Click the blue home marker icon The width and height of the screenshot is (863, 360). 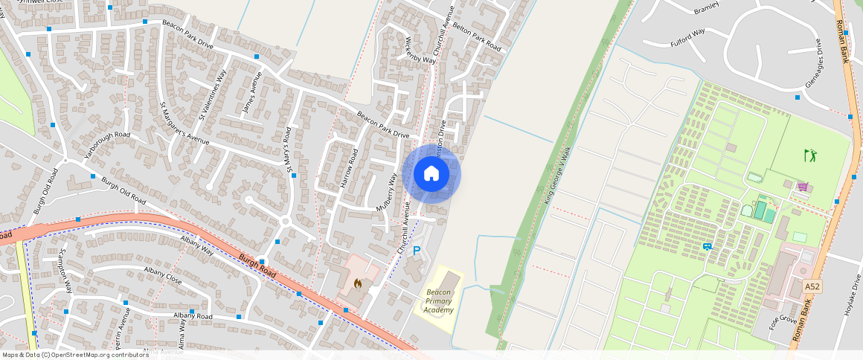(431, 174)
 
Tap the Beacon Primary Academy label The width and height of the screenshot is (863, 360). (440, 300)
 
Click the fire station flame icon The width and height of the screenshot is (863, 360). (358, 283)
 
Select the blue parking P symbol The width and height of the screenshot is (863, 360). (417, 252)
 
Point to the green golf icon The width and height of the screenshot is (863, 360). (810, 155)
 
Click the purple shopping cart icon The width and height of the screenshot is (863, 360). (803, 187)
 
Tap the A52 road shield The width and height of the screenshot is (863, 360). (812, 286)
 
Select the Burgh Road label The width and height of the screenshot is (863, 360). (257, 266)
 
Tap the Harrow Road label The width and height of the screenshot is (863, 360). (348, 167)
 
